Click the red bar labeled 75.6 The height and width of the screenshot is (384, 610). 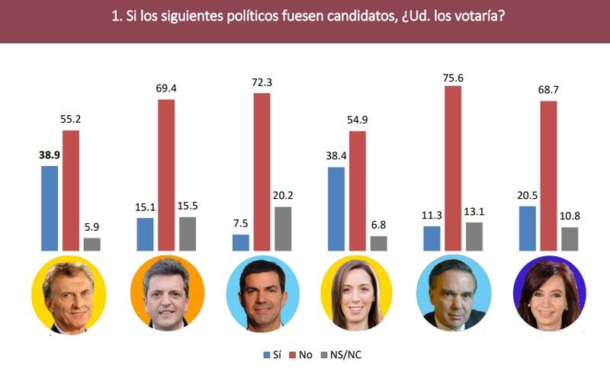pyautogui.click(x=452, y=168)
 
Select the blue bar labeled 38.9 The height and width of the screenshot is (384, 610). pyautogui.click(x=50, y=207)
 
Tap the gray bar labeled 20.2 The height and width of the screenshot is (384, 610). pyautogui.click(x=283, y=228)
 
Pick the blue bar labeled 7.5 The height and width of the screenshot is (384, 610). pyautogui.click(x=240, y=242)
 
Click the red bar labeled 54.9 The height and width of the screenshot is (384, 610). pyautogui.click(x=357, y=190)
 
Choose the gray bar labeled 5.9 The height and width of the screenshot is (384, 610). pyautogui.click(x=92, y=244)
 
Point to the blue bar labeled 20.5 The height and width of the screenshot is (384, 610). pyautogui.click(x=526, y=228)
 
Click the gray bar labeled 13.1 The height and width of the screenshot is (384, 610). pyautogui.click(x=474, y=236)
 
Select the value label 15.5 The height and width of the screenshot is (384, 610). pyautogui.click(x=188, y=206)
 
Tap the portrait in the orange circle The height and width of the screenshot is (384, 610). pyautogui.click(x=167, y=293)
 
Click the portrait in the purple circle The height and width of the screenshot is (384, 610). pyautogui.click(x=548, y=293)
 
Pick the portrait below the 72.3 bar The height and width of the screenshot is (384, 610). pyautogui.click(x=262, y=293)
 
